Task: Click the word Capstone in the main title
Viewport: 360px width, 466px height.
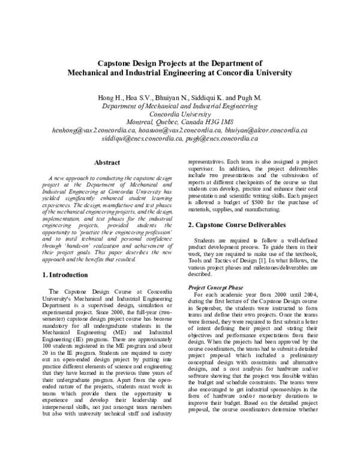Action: pos(118,62)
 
